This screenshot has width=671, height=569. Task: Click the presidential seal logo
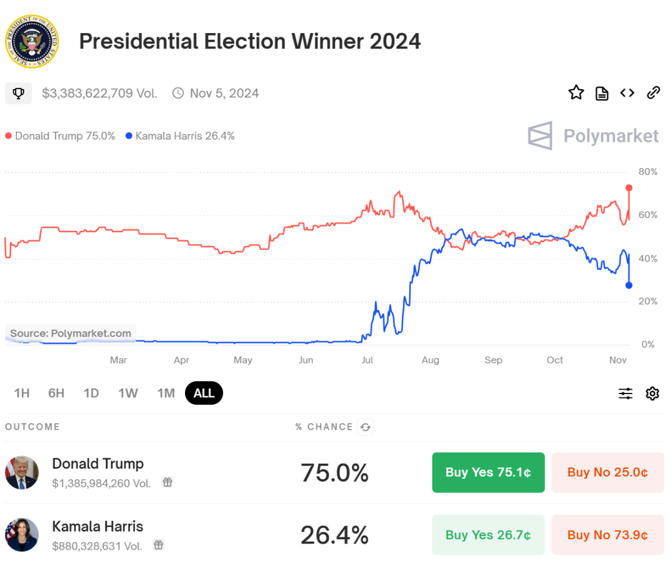click(x=32, y=42)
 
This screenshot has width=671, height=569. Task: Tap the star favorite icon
click(x=576, y=93)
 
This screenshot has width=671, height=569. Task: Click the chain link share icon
click(x=653, y=93)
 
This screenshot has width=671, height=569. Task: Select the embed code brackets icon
click(x=627, y=93)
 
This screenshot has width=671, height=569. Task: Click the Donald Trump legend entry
click(x=60, y=136)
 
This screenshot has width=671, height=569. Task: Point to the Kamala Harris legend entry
click(x=180, y=136)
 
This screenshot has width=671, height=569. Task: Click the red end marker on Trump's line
click(x=629, y=187)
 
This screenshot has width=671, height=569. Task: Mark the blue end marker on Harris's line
click(x=629, y=285)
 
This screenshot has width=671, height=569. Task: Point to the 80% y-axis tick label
click(x=648, y=171)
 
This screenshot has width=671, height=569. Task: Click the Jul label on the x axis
click(x=367, y=360)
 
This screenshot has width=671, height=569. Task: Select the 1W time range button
click(x=128, y=393)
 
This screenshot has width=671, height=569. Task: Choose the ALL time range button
click(x=204, y=393)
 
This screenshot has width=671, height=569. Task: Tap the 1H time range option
click(x=22, y=393)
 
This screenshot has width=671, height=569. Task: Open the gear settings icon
click(x=652, y=393)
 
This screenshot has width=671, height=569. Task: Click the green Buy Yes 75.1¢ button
click(x=488, y=473)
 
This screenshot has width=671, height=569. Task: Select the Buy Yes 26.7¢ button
click(x=488, y=535)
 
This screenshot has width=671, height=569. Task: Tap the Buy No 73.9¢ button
click(x=607, y=535)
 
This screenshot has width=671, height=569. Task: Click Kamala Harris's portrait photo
click(x=22, y=535)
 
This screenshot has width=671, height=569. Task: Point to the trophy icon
click(x=19, y=93)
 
